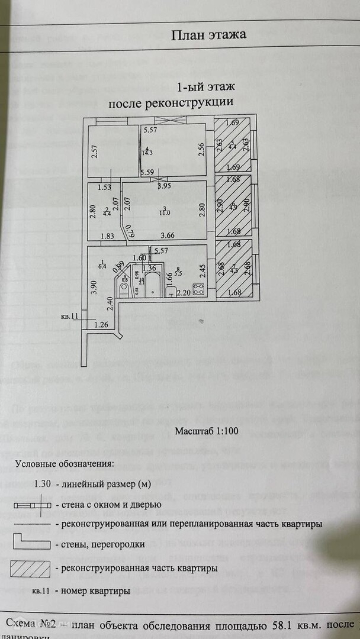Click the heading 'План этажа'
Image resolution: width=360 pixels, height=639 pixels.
pyautogui.click(x=208, y=35)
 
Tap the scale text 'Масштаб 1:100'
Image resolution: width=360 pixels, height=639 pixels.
pyautogui.click(x=207, y=431)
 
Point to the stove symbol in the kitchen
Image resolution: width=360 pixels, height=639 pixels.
pyautogui.click(x=199, y=289)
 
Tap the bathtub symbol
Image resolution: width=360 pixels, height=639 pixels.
pyautogui.click(x=153, y=285)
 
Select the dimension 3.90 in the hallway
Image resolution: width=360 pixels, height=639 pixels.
pyautogui.click(x=93, y=288)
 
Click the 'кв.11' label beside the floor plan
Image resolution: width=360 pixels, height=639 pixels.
pyautogui.click(x=69, y=317)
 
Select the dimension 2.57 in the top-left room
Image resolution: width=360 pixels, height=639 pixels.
pyautogui.click(x=94, y=151)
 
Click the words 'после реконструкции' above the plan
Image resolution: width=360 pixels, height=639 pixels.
pyautogui.click(x=171, y=102)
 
